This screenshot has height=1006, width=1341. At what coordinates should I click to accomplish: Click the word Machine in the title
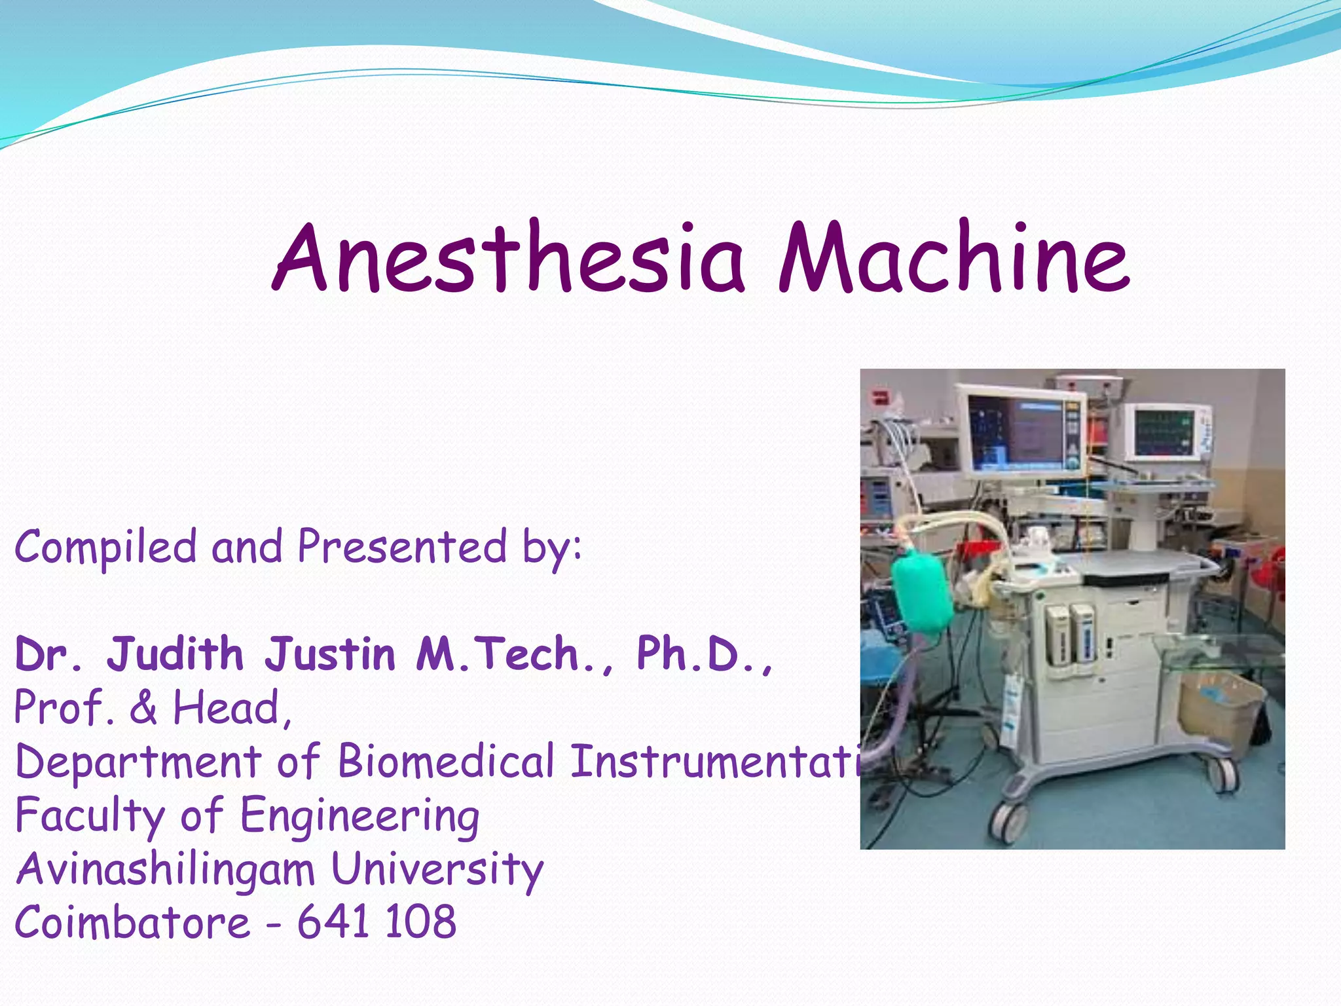pos(953,259)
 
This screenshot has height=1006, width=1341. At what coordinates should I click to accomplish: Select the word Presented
pos(402,546)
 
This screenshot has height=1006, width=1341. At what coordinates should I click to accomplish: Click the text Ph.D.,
pos(705,654)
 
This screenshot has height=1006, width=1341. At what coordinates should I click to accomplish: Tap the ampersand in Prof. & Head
pos(143,708)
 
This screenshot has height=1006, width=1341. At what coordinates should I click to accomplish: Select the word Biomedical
pos(446,762)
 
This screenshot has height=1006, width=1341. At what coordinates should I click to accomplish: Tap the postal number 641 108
pos(377,922)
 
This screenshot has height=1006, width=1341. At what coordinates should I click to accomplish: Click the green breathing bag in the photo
pos(922,589)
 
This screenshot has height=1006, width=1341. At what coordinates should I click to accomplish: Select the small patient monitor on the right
pos(1166,433)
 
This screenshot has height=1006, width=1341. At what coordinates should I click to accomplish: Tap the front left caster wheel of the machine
pos(1007,822)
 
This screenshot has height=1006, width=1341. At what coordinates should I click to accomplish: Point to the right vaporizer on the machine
pos(1082,633)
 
